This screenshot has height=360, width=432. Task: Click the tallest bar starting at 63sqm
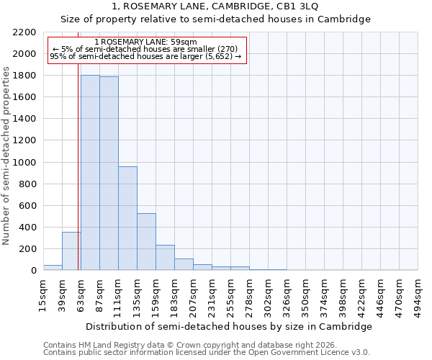pyautogui.click(x=90, y=173)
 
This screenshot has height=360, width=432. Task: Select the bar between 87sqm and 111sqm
pyautogui.click(x=109, y=174)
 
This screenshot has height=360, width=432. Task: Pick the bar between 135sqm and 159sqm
pyautogui.click(x=146, y=242)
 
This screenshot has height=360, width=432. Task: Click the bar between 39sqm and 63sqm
pyautogui.click(x=71, y=251)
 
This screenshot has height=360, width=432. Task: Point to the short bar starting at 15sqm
pyautogui.click(x=53, y=268)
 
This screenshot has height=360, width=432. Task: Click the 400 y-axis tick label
pyautogui.click(x=28, y=228)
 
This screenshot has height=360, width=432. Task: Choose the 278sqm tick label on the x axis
pyautogui.click(x=249, y=292)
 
